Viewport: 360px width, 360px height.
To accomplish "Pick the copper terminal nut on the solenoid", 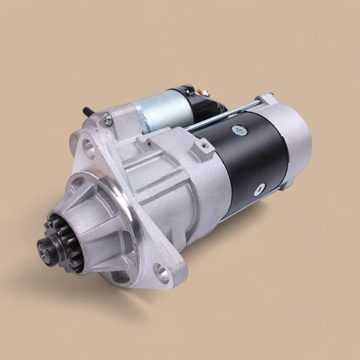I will coord(205,94).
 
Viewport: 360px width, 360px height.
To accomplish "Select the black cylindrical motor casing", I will coord(247,159).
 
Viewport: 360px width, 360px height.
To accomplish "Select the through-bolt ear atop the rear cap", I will coord(264,99).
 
